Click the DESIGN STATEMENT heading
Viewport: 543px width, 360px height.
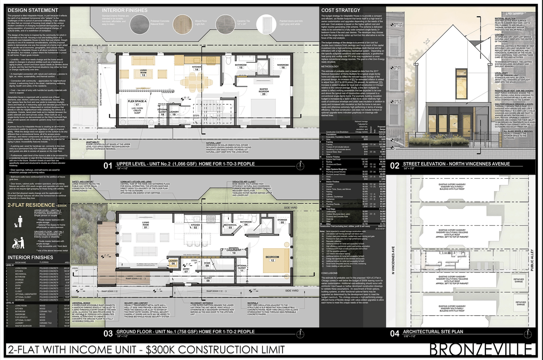tap(33, 10)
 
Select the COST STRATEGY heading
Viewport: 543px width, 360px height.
tap(341, 10)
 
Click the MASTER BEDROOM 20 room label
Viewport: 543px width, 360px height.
tap(263, 92)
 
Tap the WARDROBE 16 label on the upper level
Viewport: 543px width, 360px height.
tap(283, 66)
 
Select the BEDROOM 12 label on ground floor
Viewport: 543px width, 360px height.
tap(272, 259)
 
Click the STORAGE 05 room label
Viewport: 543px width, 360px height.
tap(282, 221)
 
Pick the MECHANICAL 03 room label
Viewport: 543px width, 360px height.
tap(230, 226)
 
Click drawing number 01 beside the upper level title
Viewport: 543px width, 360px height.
tap(108, 166)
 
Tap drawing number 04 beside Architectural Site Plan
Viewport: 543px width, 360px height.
tap(395, 333)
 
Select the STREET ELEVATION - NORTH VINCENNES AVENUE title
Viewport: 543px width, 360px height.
tap(456, 164)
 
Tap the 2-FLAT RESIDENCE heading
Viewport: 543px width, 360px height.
tap(31, 205)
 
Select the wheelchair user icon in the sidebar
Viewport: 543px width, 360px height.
tap(18, 242)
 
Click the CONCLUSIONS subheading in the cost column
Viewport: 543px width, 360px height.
tap(329, 273)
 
